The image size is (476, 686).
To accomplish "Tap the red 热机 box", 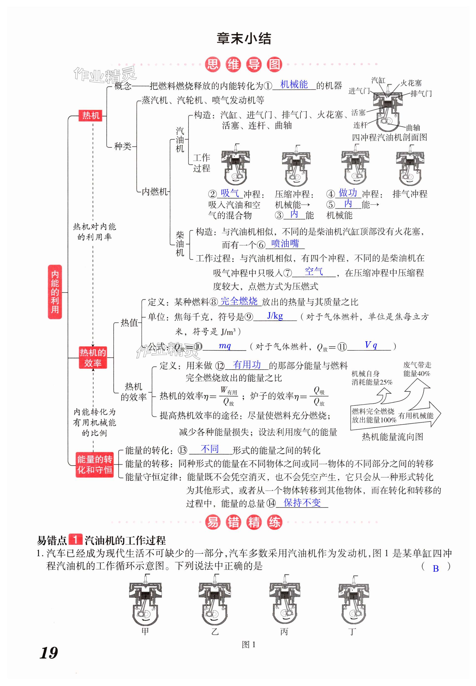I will tap(91, 115).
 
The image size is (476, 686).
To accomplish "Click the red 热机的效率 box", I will tap(93, 358).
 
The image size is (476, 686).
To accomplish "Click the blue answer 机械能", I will tap(294, 85).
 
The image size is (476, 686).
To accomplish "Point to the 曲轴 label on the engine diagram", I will tap(413, 128).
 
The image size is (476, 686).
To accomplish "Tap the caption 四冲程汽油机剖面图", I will tap(389, 137).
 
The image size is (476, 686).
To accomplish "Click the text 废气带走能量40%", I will tap(417, 369).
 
